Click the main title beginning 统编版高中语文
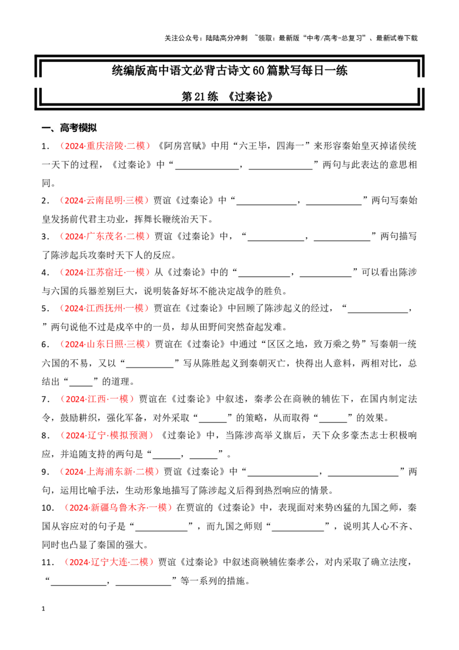point(229,71)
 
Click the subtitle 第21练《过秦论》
point(227,96)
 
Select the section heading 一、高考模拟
point(69,127)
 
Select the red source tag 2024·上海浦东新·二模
point(110,472)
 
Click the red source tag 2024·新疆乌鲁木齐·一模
point(118,508)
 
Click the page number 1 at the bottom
point(43,609)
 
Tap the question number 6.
point(45,345)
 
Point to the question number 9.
point(45,472)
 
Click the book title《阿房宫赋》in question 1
point(181,146)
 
